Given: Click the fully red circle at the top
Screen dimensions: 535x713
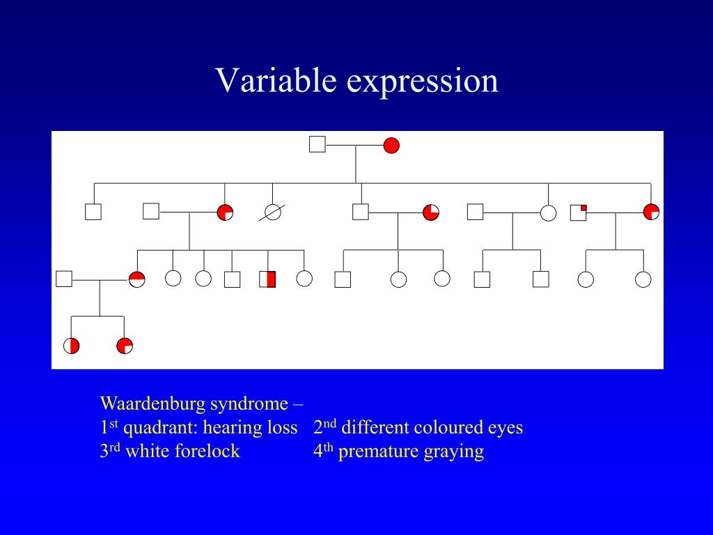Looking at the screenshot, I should pyautogui.click(x=391, y=146).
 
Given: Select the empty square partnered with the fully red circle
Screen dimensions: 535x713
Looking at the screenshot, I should pyautogui.click(x=318, y=145).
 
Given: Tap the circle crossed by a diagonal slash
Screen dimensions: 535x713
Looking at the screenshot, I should pyautogui.click(x=273, y=212).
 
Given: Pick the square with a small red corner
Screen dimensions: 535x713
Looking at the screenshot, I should pyautogui.click(x=579, y=212).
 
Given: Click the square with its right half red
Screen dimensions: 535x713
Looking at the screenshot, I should pyautogui.click(x=268, y=279).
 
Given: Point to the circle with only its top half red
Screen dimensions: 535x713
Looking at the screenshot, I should pyautogui.click(x=137, y=279).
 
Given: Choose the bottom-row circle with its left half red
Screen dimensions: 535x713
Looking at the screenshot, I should pyautogui.click(x=72, y=346).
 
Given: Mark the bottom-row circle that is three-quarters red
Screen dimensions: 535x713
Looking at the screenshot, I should pyautogui.click(x=125, y=346).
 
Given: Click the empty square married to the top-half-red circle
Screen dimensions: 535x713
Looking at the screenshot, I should pyautogui.click(x=64, y=279).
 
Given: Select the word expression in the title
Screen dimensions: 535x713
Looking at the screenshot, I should pyautogui.click(x=423, y=82).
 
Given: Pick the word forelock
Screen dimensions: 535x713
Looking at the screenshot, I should pyautogui.click(x=211, y=451).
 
